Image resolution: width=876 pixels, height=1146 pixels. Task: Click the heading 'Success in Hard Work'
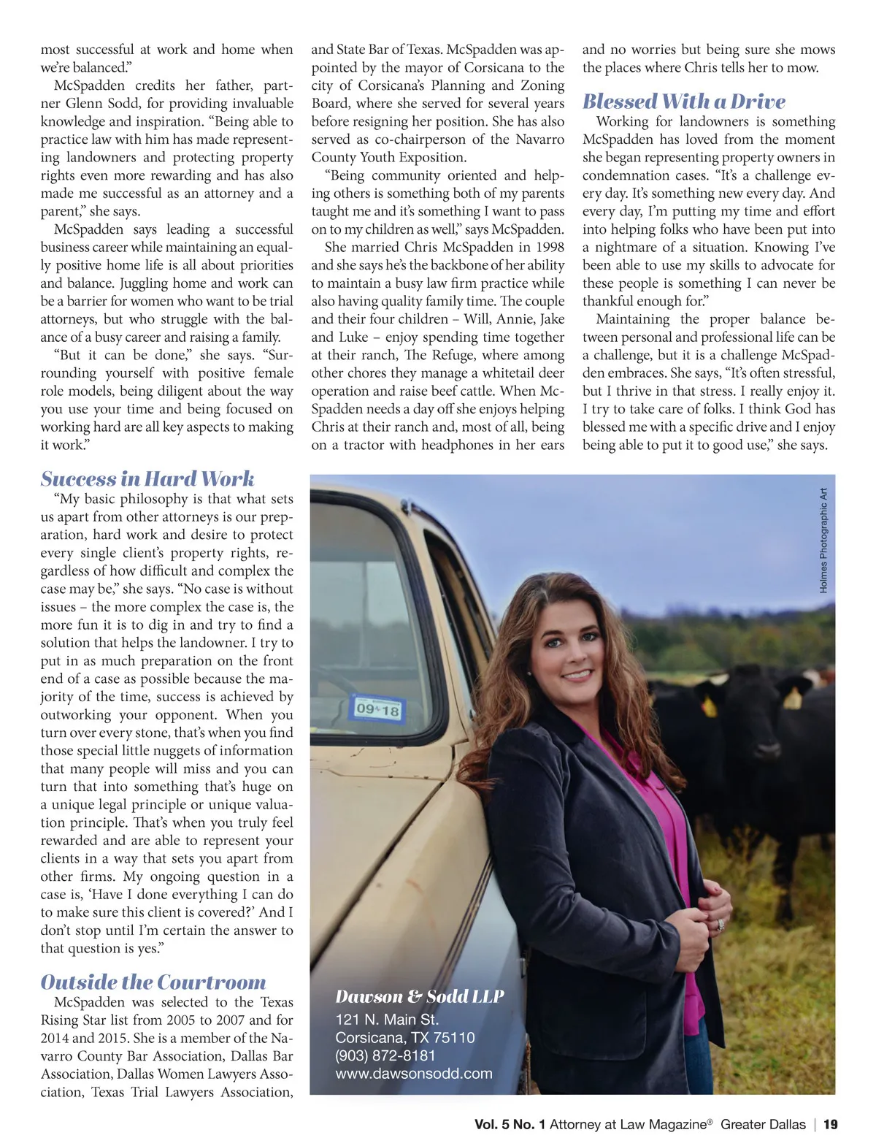(x=147, y=479)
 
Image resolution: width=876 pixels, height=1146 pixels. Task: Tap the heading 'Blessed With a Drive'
(x=684, y=102)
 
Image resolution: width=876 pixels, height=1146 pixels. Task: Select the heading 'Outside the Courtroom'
(x=153, y=982)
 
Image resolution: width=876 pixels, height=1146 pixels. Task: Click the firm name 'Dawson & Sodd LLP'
(x=420, y=997)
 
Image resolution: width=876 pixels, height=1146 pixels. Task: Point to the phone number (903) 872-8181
(x=385, y=1055)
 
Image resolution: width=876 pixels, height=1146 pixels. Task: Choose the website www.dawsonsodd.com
(x=414, y=1074)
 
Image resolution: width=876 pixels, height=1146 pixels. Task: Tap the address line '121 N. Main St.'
(x=387, y=1020)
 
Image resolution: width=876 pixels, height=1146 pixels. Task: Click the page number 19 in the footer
(x=831, y=1125)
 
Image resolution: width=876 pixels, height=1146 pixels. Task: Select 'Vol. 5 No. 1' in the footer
(x=510, y=1125)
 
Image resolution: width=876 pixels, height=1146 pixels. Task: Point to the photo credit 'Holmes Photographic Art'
(x=823, y=540)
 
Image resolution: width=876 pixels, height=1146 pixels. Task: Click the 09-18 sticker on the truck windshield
(x=377, y=708)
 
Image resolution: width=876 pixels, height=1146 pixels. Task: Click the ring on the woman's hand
(x=721, y=925)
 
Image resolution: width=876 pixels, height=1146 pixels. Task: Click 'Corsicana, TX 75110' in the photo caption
(x=405, y=1038)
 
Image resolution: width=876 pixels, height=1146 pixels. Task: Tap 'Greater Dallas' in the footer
(x=763, y=1125)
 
